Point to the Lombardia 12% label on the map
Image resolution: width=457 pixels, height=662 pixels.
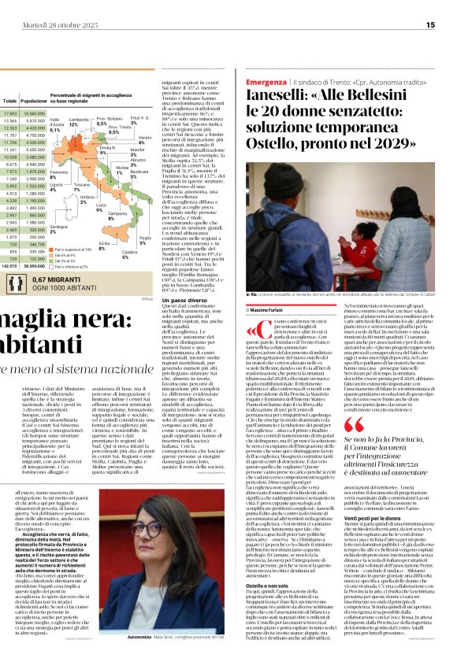[x=79, y=122]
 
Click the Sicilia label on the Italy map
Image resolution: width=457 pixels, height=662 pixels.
[x=102, y=245]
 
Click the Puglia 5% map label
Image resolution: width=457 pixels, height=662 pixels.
[x=145, y=240]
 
